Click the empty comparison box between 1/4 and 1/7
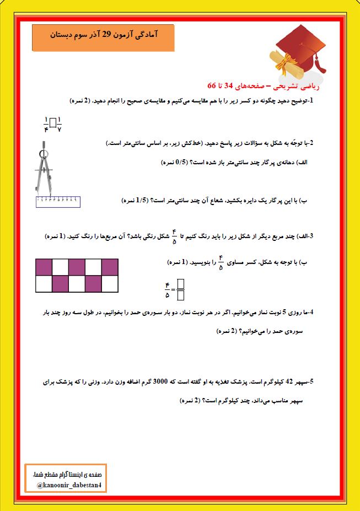pyautogui.click(x=53, y=122)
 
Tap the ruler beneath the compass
pyautogui.click(x=57, y=201)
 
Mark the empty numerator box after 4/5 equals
pyautogui.click(x=180, y=283)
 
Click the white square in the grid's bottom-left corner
pyautogui.click(x=44, y=284)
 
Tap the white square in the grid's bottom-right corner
pyautogui.click(x=110, y=284)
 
